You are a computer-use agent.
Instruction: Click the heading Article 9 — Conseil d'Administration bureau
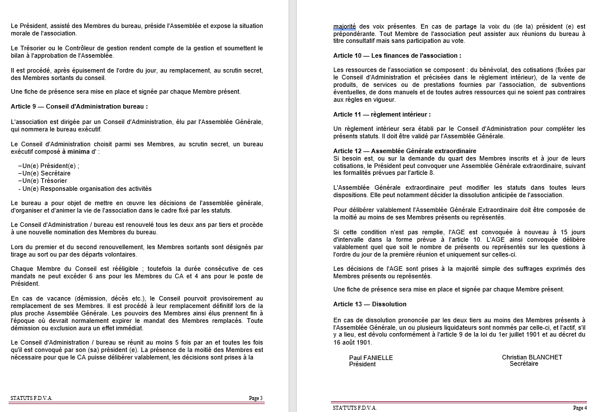pos(79,106)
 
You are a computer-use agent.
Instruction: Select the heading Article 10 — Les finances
pos(397,56)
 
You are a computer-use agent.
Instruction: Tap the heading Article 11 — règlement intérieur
pos(382,115)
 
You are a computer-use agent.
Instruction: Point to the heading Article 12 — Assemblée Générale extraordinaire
pos(404,151)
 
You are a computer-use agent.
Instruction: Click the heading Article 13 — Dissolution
pos(370,304)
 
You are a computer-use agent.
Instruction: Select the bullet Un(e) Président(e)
pos(49,166)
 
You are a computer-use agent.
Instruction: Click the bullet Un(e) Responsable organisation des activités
pos(85,189)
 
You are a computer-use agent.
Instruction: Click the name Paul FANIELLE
pos(371,358)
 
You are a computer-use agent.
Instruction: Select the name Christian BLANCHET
pos(532,357)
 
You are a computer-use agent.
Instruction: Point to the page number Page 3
pos(256,398)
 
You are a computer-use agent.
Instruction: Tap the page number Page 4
pos(579,408)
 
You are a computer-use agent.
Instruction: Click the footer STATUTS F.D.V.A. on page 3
pos(31,398)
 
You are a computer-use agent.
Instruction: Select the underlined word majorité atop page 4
pos(345,26)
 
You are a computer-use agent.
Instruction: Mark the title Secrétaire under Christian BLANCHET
pos(524,363)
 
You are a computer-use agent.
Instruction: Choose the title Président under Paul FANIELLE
pos(362,364)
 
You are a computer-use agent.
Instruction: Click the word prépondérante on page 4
pos(354,34)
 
